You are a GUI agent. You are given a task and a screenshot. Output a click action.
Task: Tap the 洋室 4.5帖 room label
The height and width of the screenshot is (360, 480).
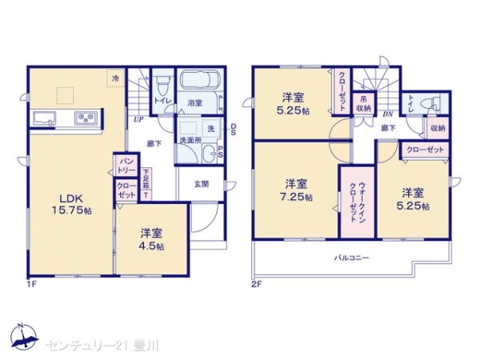pyautogui.click(x=152, y=239)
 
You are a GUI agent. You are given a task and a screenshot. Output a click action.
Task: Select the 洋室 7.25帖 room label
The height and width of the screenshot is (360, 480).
pyautogui.click(x=296, y=190)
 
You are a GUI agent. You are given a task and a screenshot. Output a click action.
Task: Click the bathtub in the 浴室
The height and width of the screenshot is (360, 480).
pyautogui.click(x=202, y=83)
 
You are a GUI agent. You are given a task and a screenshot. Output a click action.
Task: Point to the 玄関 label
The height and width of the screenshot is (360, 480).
pyautogui.click(x=201, y=183)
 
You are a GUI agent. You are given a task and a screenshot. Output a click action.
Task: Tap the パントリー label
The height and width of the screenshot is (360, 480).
pyautogui.click(x=126, y=166)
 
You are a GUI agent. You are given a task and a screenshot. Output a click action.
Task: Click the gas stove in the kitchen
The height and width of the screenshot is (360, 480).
pyautogui.click(x=86, y=119)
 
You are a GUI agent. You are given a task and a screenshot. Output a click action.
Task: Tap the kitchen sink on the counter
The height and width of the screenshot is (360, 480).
pyautogui.click(x=45, y=119)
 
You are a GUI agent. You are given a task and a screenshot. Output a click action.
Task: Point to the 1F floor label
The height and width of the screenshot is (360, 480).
pyautogui.click(x=31, y=283)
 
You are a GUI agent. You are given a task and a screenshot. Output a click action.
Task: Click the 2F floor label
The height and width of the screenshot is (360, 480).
pyautogui.click(x=257, y=283)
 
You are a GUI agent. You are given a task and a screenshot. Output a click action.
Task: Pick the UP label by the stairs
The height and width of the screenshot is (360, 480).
pyautogui.click(x=138, y=121)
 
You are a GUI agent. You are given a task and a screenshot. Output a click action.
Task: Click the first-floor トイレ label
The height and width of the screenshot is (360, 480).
pyautogui.click(x=161, y=101)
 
